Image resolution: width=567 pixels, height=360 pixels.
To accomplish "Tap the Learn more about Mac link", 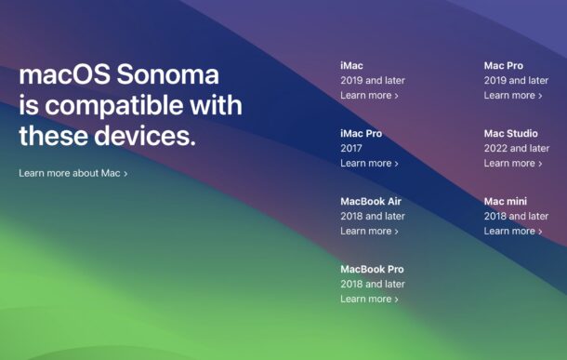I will point(73,173).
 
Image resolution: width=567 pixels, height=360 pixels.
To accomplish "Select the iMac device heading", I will point(351,65).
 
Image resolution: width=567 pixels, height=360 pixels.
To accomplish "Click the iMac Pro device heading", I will point(361,133).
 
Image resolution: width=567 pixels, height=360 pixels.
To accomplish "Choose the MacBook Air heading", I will point(370,201).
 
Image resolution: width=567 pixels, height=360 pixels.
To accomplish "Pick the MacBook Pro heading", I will point(372,269).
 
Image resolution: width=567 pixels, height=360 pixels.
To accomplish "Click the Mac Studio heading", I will point(510,133).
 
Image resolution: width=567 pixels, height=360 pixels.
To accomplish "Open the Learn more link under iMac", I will point(369,95).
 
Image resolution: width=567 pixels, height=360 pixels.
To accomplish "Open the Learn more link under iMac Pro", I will point(369,163).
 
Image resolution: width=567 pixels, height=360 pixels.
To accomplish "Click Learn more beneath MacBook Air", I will point(369,231).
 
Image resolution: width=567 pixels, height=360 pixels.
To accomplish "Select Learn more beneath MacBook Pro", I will point(369,299).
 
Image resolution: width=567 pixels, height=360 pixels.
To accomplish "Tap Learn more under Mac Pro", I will point(512,95).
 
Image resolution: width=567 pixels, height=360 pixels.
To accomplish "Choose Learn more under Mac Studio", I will point(512,163).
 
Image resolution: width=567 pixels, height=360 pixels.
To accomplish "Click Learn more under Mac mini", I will point(512,231).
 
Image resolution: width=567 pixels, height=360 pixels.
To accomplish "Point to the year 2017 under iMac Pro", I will point(352,148).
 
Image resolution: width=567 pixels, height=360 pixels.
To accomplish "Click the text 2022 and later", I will point(516,148).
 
